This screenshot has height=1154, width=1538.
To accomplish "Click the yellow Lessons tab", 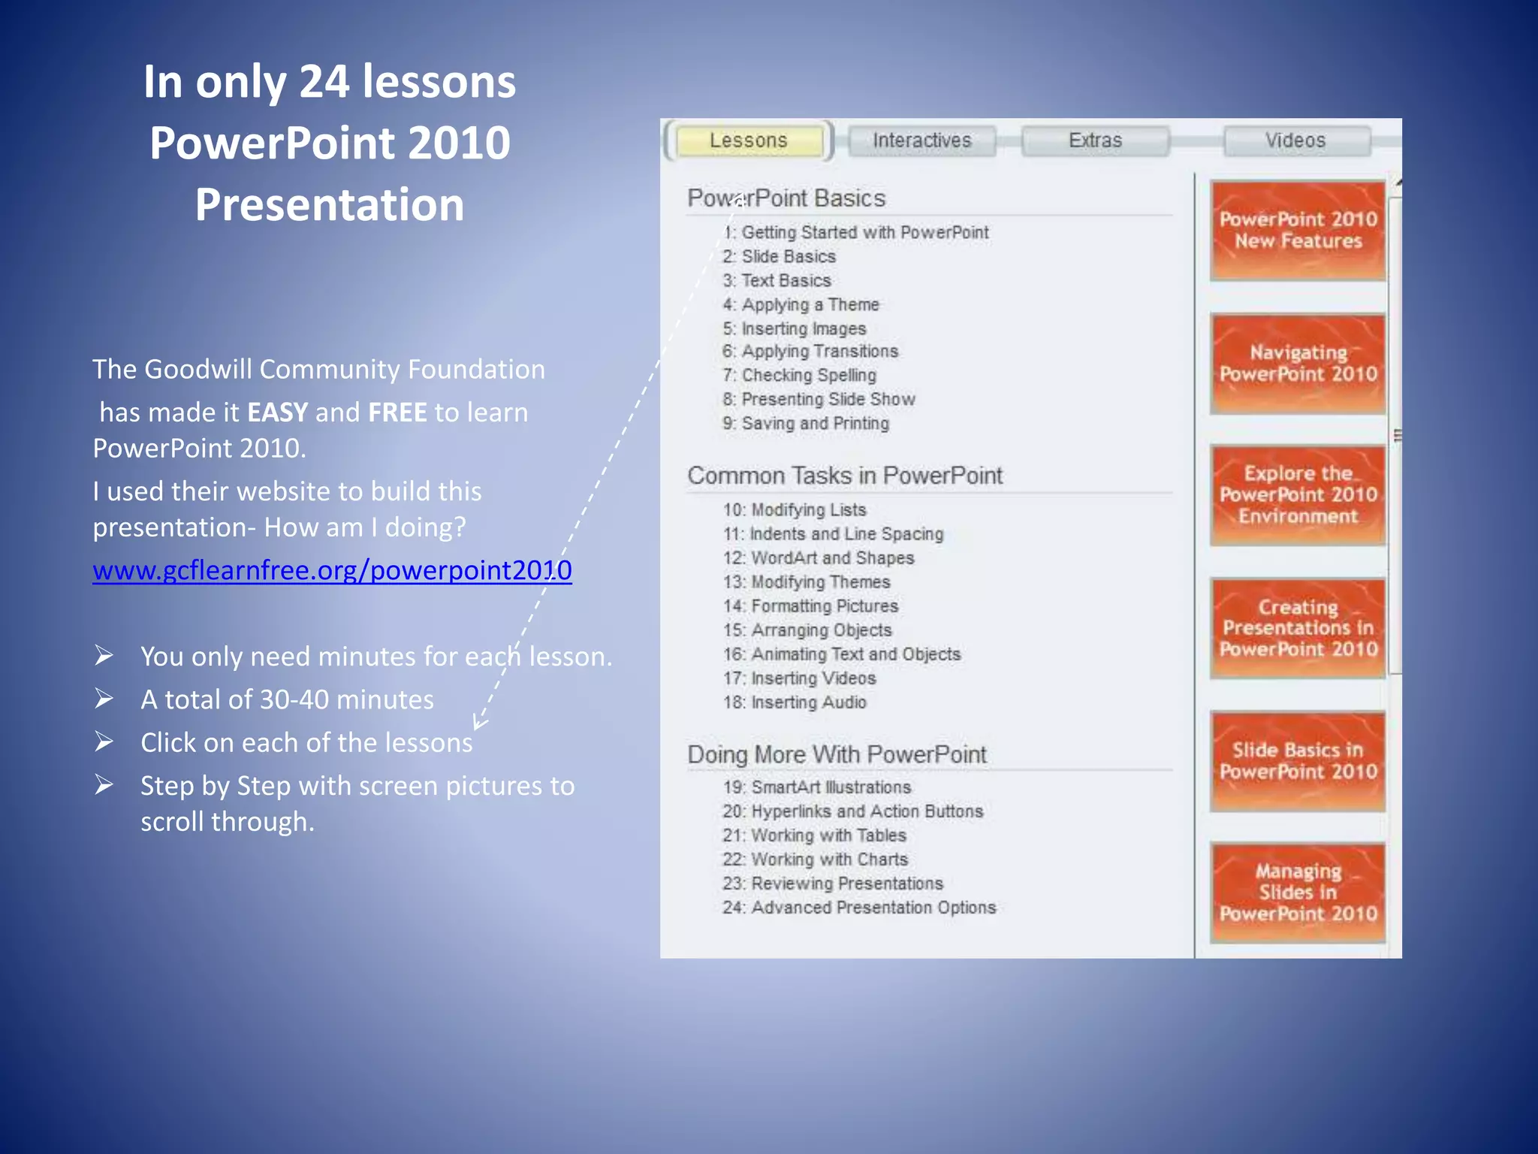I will (749, 140).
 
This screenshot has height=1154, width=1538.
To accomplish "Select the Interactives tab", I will (921, 140).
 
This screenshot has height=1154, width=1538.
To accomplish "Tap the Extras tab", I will (1095, 140).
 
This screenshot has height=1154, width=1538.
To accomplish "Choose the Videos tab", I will (1295, 140).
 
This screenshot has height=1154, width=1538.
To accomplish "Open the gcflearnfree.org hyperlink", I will (332, 570).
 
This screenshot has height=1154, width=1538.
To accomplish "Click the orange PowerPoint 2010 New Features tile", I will (1298, 231).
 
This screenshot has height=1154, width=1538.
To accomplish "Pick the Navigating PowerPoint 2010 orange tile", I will (1298, 364).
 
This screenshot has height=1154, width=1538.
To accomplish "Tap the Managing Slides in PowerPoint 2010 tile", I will (1298, 893).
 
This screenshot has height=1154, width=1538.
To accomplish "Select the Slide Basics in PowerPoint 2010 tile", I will (1298, 761).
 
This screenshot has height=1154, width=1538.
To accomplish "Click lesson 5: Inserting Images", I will (795, 329).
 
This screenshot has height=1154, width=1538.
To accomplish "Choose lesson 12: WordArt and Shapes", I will (819, 558).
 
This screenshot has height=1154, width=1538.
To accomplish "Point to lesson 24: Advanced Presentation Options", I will (859, 908).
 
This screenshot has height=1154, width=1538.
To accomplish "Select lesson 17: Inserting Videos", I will (800, 678).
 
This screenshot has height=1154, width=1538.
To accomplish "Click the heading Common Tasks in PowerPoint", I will (845, 476).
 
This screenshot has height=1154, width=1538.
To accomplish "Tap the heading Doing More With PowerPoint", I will (837, 754).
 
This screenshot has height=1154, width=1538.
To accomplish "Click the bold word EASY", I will (277, 412).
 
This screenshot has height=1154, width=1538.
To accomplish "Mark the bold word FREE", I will (397, 412).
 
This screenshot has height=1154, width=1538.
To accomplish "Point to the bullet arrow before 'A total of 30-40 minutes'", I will (104, 699).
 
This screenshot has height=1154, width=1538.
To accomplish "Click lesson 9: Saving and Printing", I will (806, 424).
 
